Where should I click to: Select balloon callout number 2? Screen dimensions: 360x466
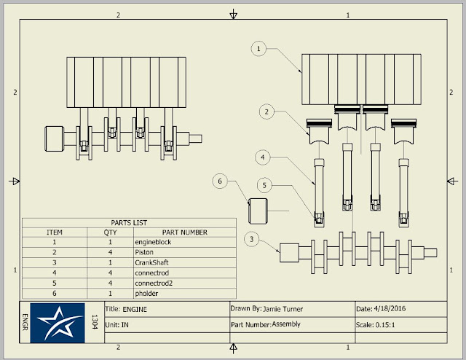click(x=267, y=111)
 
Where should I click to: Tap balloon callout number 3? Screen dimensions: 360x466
click(x=252, y=239)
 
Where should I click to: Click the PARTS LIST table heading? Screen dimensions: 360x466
click(x=129, y=223)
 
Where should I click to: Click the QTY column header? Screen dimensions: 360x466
click(x=110, y=232)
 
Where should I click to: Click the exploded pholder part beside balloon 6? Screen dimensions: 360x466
click(x=261, y=211)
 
